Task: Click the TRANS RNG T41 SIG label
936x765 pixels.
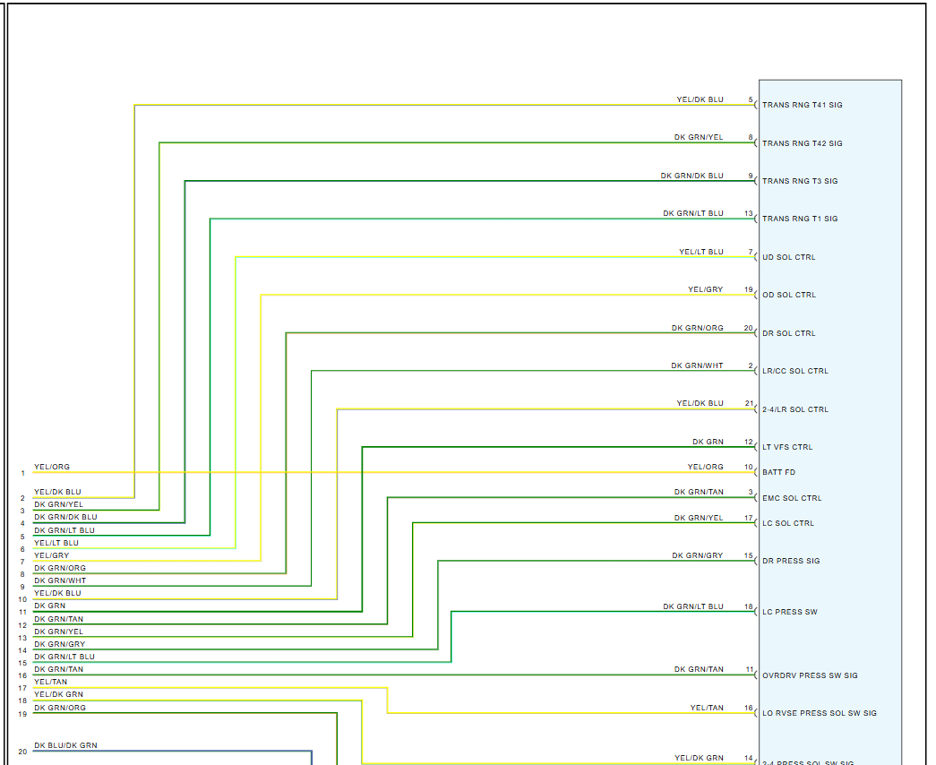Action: pos(802,106)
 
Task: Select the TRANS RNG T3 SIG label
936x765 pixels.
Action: pos(800,182)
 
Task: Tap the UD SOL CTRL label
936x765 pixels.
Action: pos(788,258)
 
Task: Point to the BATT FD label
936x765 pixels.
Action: pos(778,472)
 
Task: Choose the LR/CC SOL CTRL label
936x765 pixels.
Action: pos(794,372)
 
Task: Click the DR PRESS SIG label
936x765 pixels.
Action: pos(791,562)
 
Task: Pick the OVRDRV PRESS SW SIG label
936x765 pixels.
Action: pos(810,676)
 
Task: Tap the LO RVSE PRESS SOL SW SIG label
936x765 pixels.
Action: pos(819,714)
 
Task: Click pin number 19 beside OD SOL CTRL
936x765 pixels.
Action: pos(748,290)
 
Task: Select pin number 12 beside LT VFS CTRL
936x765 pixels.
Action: pos(748,443)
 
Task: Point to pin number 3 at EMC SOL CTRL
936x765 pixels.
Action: pos(751,493)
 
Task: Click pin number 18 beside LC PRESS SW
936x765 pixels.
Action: pos(748,607)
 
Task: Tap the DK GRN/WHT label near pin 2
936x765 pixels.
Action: pos(697,366)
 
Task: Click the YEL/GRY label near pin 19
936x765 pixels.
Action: pos(705,290)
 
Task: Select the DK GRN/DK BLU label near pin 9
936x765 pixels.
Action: pos(691,176)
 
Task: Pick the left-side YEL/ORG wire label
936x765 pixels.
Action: pos(52,468)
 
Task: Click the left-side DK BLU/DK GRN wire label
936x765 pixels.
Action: pos(65,745)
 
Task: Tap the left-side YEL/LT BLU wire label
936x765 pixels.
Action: pos(56,543)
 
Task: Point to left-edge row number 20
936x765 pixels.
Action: pos(22,752)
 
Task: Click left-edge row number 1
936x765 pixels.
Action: pos(23,473)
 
